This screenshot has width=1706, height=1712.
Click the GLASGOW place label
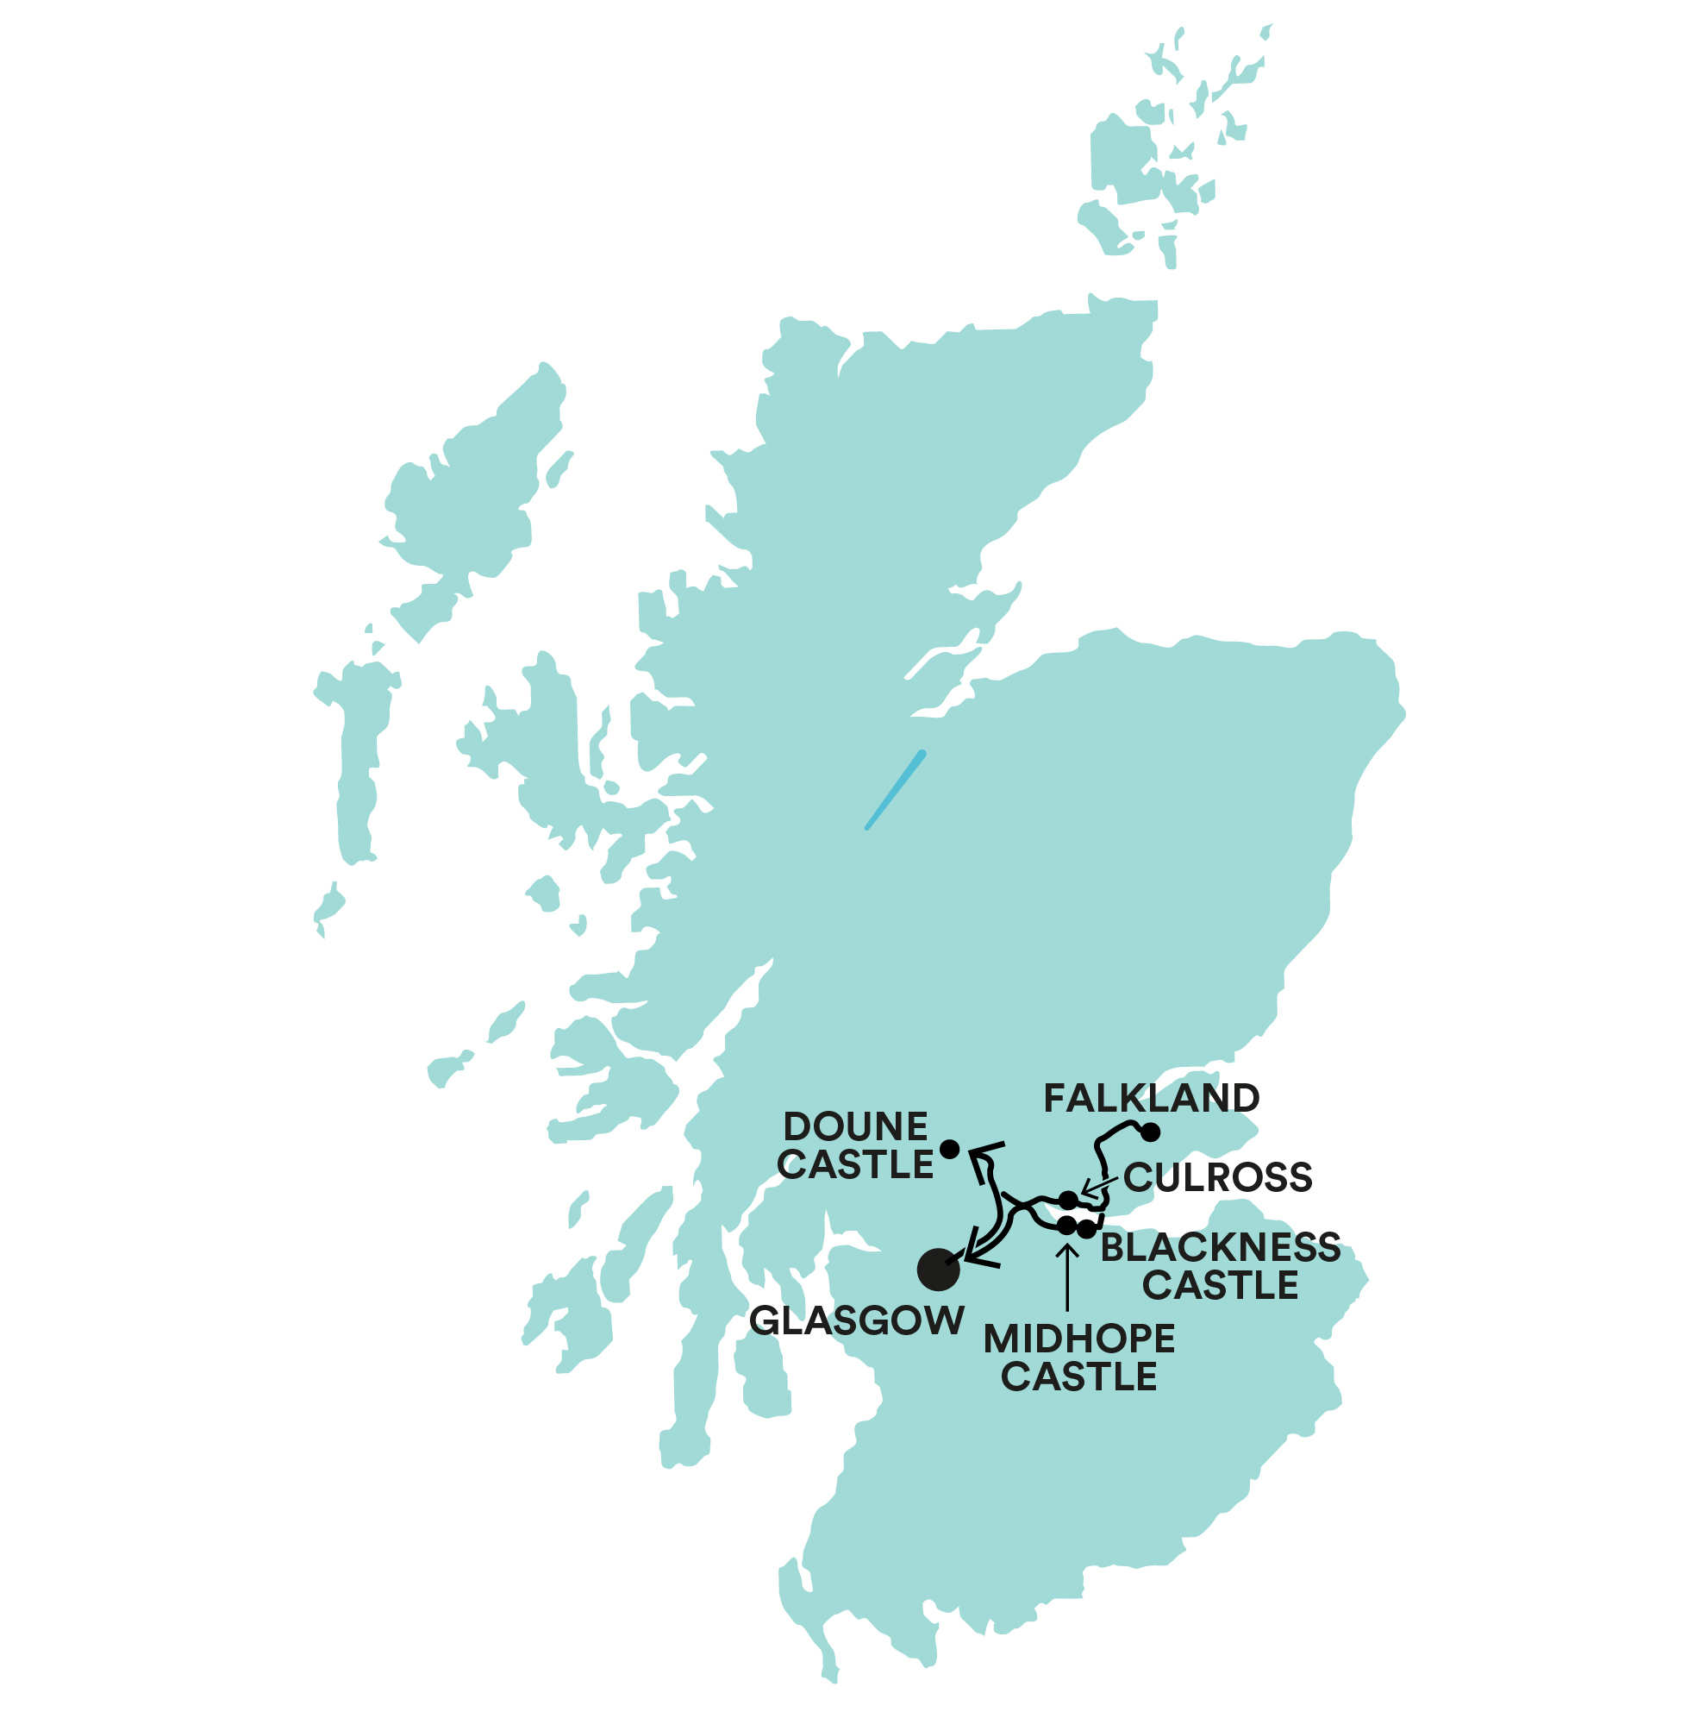coord(857,1321)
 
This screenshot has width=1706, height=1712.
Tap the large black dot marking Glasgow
coord(938,1269)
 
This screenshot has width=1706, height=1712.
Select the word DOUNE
coord(856,1127)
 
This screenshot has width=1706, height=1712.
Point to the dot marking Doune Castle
coord(949,1149)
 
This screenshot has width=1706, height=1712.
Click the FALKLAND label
coord(1152,1098)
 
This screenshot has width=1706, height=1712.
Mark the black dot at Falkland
coord(1151,1132)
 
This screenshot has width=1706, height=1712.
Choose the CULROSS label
coord(1218,1177)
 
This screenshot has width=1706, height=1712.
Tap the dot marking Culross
coord(1069,1200)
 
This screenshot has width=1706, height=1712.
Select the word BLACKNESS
coord(1221,1248)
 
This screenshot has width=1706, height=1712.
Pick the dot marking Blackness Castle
coord(1087,1229)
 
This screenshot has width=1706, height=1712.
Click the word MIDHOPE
coord(1079,1339)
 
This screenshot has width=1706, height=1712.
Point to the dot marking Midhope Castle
coord(1066,1226)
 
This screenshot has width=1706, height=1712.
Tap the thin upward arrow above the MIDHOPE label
coord(1067,1276)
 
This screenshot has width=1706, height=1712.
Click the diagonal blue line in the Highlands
coord(896,789)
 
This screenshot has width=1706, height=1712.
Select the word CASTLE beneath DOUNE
coord(856,1164)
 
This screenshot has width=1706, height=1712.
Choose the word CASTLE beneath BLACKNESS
coord(1221,1285)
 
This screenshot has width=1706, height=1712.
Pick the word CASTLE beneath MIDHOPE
coord(1079,1376)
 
